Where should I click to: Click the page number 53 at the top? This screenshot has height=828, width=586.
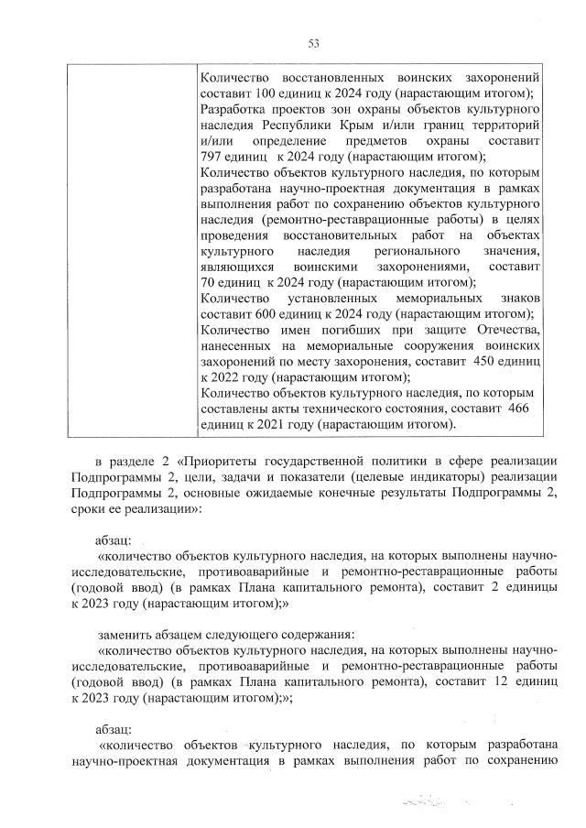pyautogui.click(x=312, y=43)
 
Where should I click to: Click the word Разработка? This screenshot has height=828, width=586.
pyautogui.click(x=233, y=109)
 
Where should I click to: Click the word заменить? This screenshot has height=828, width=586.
pyautogui.click(x=125, y=634)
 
